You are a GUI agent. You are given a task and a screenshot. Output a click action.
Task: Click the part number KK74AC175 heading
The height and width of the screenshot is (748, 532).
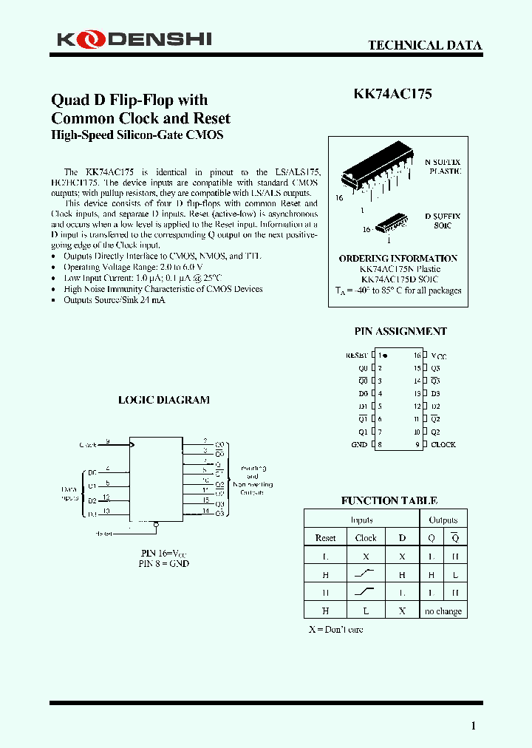[392, 94]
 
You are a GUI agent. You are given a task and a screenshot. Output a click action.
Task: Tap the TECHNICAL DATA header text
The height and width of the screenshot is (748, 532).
[425, 45]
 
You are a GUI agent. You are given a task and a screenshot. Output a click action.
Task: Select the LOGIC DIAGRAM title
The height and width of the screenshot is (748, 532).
[164, 400]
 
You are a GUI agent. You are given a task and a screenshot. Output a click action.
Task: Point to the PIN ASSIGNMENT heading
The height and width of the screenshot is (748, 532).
[401, 332]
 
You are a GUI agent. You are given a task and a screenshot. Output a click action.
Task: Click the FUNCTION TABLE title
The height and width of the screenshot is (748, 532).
[389, 500]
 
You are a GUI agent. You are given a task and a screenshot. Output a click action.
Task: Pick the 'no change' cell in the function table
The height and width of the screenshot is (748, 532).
[443, 611]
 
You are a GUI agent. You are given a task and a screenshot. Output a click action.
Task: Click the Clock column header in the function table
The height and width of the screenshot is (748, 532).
[366, 538]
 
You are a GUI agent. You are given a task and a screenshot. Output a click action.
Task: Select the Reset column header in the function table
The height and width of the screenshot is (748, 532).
[325, 538]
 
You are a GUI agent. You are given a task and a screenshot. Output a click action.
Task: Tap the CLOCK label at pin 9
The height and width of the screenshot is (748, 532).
[443, 445]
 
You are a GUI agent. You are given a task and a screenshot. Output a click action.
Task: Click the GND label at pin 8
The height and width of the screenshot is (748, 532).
[359, 445]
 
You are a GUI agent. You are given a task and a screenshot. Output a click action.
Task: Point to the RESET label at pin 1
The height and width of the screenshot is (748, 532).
[356, 356]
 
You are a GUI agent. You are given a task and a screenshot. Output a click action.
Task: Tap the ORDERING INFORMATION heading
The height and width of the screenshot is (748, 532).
[398, 259]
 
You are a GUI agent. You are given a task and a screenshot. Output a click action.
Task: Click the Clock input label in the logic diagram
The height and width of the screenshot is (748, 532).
[88, 445]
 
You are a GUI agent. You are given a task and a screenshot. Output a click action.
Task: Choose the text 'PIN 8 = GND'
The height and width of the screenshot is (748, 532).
[164, 563]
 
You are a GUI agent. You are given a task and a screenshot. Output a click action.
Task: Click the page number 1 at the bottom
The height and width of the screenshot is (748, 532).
[474, 726]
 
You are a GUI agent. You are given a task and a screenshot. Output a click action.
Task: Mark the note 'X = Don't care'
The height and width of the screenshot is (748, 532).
[335, 630]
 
